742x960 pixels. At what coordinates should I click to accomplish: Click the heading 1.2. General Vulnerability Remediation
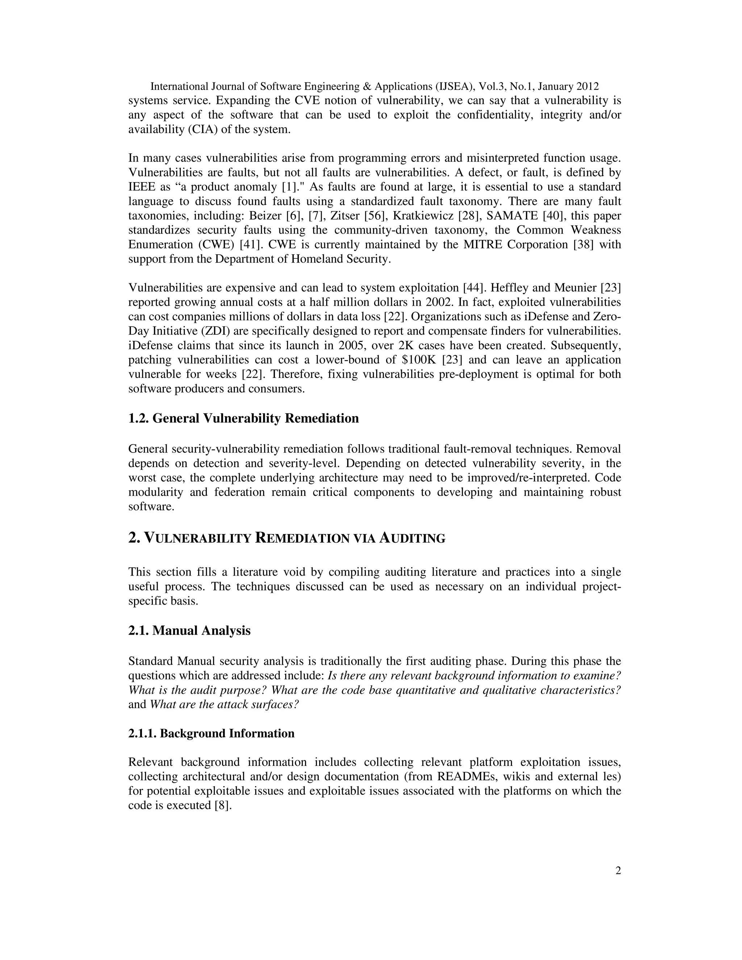tap(243, 418)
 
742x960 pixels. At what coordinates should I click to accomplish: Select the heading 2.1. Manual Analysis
tap(189, 630)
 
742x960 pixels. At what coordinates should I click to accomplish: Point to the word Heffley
tap(511, 288)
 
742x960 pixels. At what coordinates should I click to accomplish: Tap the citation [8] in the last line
tap(222, 806)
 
